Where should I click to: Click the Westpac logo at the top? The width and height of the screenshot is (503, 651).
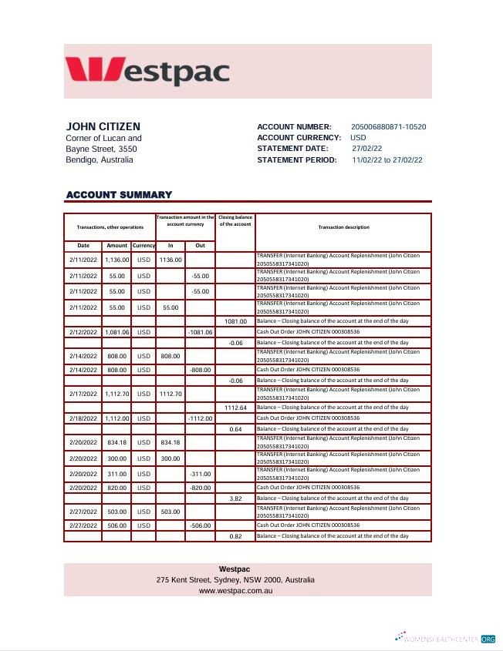(x=147, y=70)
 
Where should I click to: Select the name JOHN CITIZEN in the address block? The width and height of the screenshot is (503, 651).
(x=103, y=126)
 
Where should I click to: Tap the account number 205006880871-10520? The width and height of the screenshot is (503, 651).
(x=388, y=127)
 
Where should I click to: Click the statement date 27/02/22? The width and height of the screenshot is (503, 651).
(x=367, y=149)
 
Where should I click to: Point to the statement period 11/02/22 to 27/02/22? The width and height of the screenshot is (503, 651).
(x=387, y=160)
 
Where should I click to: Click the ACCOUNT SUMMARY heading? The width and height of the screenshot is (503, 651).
(x=119, y=195)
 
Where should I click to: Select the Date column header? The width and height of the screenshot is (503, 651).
(x=83, y=245)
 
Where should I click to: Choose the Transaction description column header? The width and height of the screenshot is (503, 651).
(x=343, y=227)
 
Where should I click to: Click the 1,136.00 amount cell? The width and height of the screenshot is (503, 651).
(x=116, y=260)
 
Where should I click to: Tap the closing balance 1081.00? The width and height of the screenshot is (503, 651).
(x=235, y=321)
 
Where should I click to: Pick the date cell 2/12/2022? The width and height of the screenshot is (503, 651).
(x=83, y=331)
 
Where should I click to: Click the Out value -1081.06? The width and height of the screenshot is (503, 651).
(x=200, y=331)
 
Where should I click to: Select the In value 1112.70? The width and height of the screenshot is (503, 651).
(x=170, y=393)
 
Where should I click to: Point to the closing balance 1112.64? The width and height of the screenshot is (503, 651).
(x=235, y=407)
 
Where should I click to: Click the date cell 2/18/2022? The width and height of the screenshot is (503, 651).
(x=83, y=418)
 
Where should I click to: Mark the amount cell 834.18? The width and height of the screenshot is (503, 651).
(x=116, y=442)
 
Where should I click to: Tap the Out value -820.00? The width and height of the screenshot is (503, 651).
(x=200, y=488)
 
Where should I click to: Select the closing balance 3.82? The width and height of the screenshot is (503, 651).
(x=235, y=498)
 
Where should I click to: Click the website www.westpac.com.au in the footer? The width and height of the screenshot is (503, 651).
(x=235, y=590)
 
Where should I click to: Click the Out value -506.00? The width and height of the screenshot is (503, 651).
(x=200, y=525)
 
